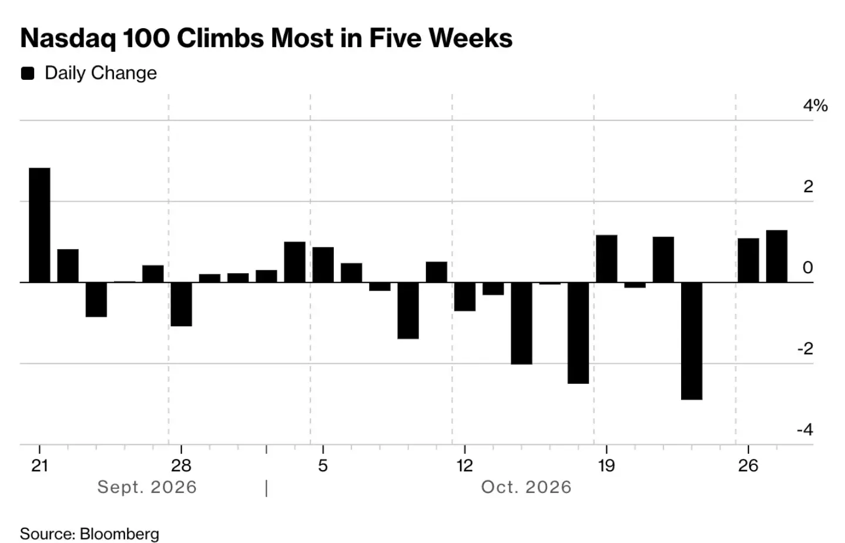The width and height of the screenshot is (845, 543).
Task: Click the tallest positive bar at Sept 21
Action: [x=39, y=225]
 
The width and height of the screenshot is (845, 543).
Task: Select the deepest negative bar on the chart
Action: [x=692, y=341]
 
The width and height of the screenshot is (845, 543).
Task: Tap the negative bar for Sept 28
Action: [x=182, y=304]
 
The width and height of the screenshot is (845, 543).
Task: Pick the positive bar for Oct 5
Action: [x=323, y=264]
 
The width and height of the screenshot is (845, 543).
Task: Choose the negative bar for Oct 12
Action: [x=465, y=297]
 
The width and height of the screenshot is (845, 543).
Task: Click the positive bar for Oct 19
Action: [x=606, y=259]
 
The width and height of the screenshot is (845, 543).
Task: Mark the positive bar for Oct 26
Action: [x=749, y=260]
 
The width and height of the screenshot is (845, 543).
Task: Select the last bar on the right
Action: [x=777, y=256]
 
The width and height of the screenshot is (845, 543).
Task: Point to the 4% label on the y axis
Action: [x=816, y=106]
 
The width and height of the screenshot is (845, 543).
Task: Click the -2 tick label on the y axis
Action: [x=806, y=349]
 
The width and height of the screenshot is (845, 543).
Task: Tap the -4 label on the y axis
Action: [x=806, y=430]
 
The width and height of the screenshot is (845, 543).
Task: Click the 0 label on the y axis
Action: [x=808, y=268]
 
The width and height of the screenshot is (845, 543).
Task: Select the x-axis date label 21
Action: [x=39, y=465]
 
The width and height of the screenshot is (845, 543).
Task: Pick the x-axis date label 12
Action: [x=465, y=465]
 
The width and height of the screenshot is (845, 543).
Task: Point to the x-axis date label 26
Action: [x=748, y=465]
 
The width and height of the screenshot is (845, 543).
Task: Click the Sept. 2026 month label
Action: [x=147, y=487]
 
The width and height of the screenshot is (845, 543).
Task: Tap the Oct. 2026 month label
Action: [x=527, y=487]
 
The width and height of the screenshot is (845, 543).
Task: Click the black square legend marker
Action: [x=28, y=73]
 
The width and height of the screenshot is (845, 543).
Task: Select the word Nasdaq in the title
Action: [x=68, y=38]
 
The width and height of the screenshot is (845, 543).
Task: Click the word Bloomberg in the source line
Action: [x=120, y=534]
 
